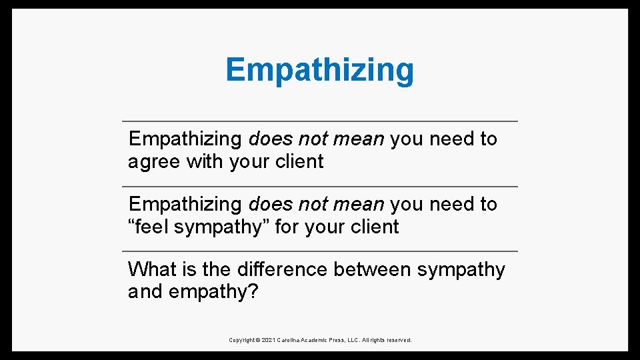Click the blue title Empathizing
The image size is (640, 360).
tap(319, 70)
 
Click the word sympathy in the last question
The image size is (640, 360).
tap(461, 269)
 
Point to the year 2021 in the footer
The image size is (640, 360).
tap(269, 340)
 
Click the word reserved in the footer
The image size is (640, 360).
tap(398, 340)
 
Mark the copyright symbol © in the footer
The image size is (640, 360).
tap(258, 340)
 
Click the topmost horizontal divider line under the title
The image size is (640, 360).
tap(320, 121)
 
